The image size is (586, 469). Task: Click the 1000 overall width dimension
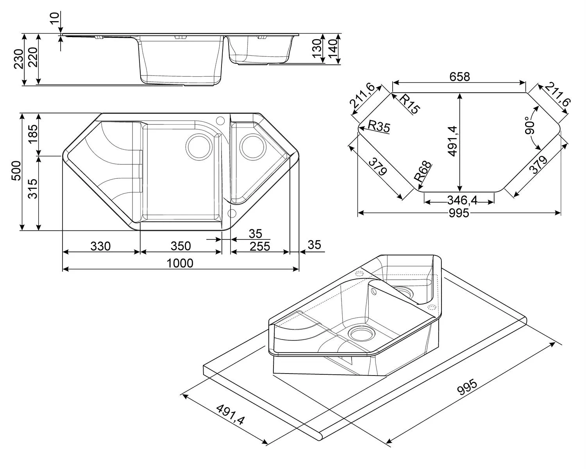click(180, 263)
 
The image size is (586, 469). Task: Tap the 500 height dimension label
click(16, 171)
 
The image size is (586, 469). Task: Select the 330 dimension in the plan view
click(100, 246)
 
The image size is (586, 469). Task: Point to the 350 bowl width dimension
click(180, 246)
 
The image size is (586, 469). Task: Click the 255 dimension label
click(260, 246)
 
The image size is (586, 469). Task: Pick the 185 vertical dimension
click(33, 134)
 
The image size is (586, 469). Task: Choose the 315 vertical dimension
click(33, 189)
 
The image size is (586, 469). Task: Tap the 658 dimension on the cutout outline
click(460, 77)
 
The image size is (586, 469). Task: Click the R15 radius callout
click(409, 104)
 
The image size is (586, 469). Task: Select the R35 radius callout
click(379, 126)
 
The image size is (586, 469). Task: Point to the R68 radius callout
click(423, 172)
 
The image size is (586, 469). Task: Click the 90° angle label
click(530, 125)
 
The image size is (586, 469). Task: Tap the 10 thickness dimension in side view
click(55, 18)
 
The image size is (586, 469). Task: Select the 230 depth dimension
click(18, 59)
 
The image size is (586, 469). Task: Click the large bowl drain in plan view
click(199, 147)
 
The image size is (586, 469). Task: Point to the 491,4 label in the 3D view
click(230, 414)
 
